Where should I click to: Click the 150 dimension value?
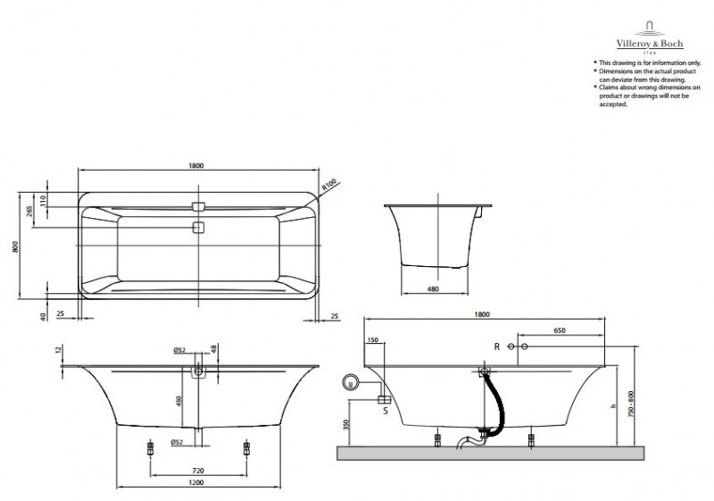coord(372,339)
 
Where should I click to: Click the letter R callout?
coord(497,346)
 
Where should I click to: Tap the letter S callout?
coord(385,411)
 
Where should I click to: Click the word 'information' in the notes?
coord(652,63)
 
